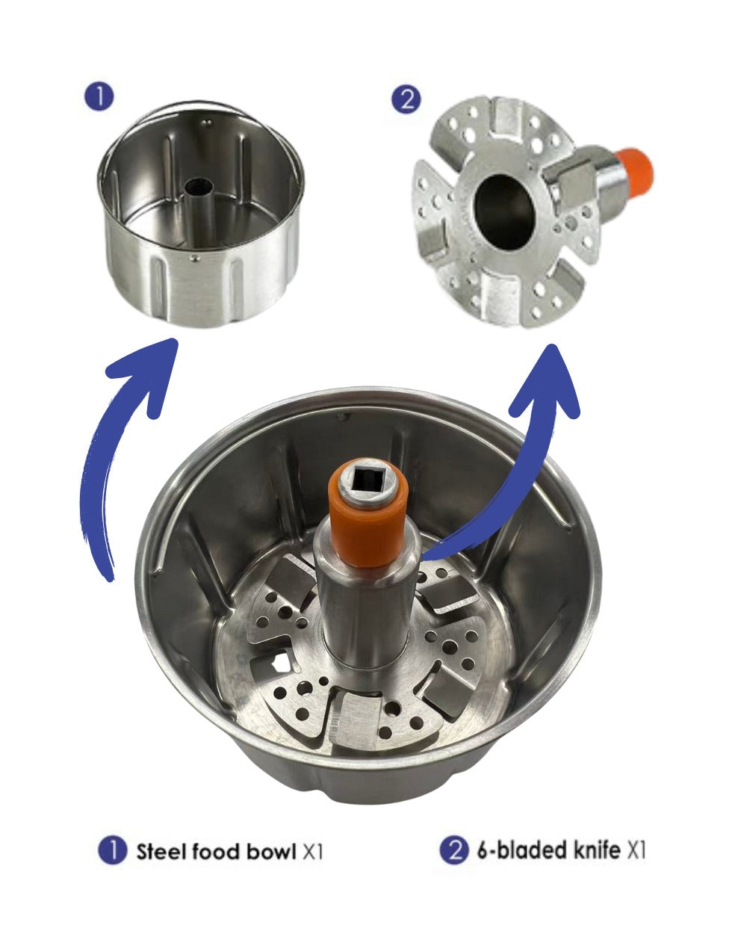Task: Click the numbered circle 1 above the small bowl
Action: pos(99,97)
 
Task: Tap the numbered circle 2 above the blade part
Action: pos(406,99)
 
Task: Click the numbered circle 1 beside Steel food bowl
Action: pos(112,850)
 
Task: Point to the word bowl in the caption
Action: pos(270,851)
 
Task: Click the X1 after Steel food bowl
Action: pos(313,851)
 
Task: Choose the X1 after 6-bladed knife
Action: pos(634,851)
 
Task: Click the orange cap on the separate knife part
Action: pos(636,170)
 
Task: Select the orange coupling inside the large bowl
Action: pos(366,523)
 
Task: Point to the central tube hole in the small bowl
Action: pos(199,185)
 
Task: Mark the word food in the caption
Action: pos(216,851)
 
